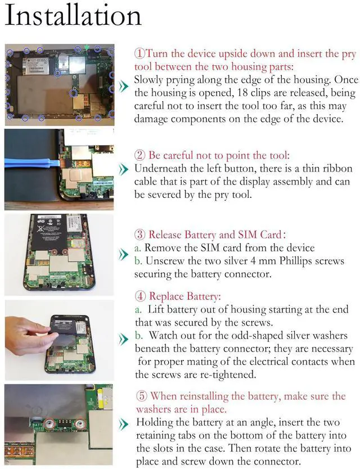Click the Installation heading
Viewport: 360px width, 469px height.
(73, 15)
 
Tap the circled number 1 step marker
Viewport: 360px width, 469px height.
(139, 53)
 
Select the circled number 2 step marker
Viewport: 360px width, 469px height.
(139, 155)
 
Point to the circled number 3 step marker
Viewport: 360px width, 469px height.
(139, 234)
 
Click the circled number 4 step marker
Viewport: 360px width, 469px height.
(140, 296)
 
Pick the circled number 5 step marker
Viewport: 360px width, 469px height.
(142, 396)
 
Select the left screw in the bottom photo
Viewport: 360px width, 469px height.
(49, 423)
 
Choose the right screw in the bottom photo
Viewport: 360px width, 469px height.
(80, 423)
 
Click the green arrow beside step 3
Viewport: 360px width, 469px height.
(123, 255)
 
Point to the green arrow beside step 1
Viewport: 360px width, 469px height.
(124, 87)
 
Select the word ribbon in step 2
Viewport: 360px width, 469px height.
(338, 168)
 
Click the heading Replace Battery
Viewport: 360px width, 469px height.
(184, 296)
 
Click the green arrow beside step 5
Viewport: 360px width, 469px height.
(124, 424)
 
